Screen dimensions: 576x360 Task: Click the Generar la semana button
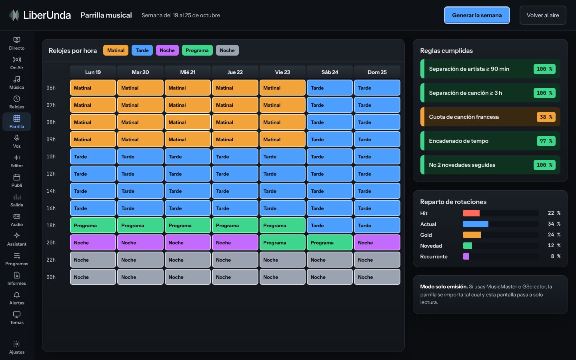(x=477, y=15)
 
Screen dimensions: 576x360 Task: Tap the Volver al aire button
(x=543, y=15)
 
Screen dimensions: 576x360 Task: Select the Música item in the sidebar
(x=17, y=82)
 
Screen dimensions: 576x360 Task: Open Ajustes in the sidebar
(x=17, y=347)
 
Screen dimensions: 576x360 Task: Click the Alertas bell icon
(x=17, y=295)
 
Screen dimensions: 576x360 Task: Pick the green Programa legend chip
(x=197, y=50)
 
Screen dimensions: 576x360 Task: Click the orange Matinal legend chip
(x=116, y=50)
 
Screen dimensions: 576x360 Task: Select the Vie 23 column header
(x=282, y=72)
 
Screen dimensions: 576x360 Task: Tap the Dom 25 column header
(x=377, y=72)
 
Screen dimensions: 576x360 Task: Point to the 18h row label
(x=51, y=225)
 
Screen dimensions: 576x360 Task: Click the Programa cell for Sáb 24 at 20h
(x=330, y=242)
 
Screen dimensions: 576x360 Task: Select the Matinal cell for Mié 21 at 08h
(x=188, y=122)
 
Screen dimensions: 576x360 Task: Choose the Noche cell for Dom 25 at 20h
(x=377, y=242)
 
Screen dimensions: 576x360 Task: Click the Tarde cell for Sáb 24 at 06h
(x=330, y=88)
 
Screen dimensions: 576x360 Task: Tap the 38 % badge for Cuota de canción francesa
(x=546, y=117)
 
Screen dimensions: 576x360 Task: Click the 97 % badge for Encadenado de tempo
(x=546, y=141)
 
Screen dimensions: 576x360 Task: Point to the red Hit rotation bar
(x=471, y=213)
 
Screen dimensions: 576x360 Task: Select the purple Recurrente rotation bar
(x=466, y=256)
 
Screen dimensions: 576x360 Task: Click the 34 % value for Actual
(x=554, y=224)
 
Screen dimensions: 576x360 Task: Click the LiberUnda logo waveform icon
(x=14, y=15)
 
